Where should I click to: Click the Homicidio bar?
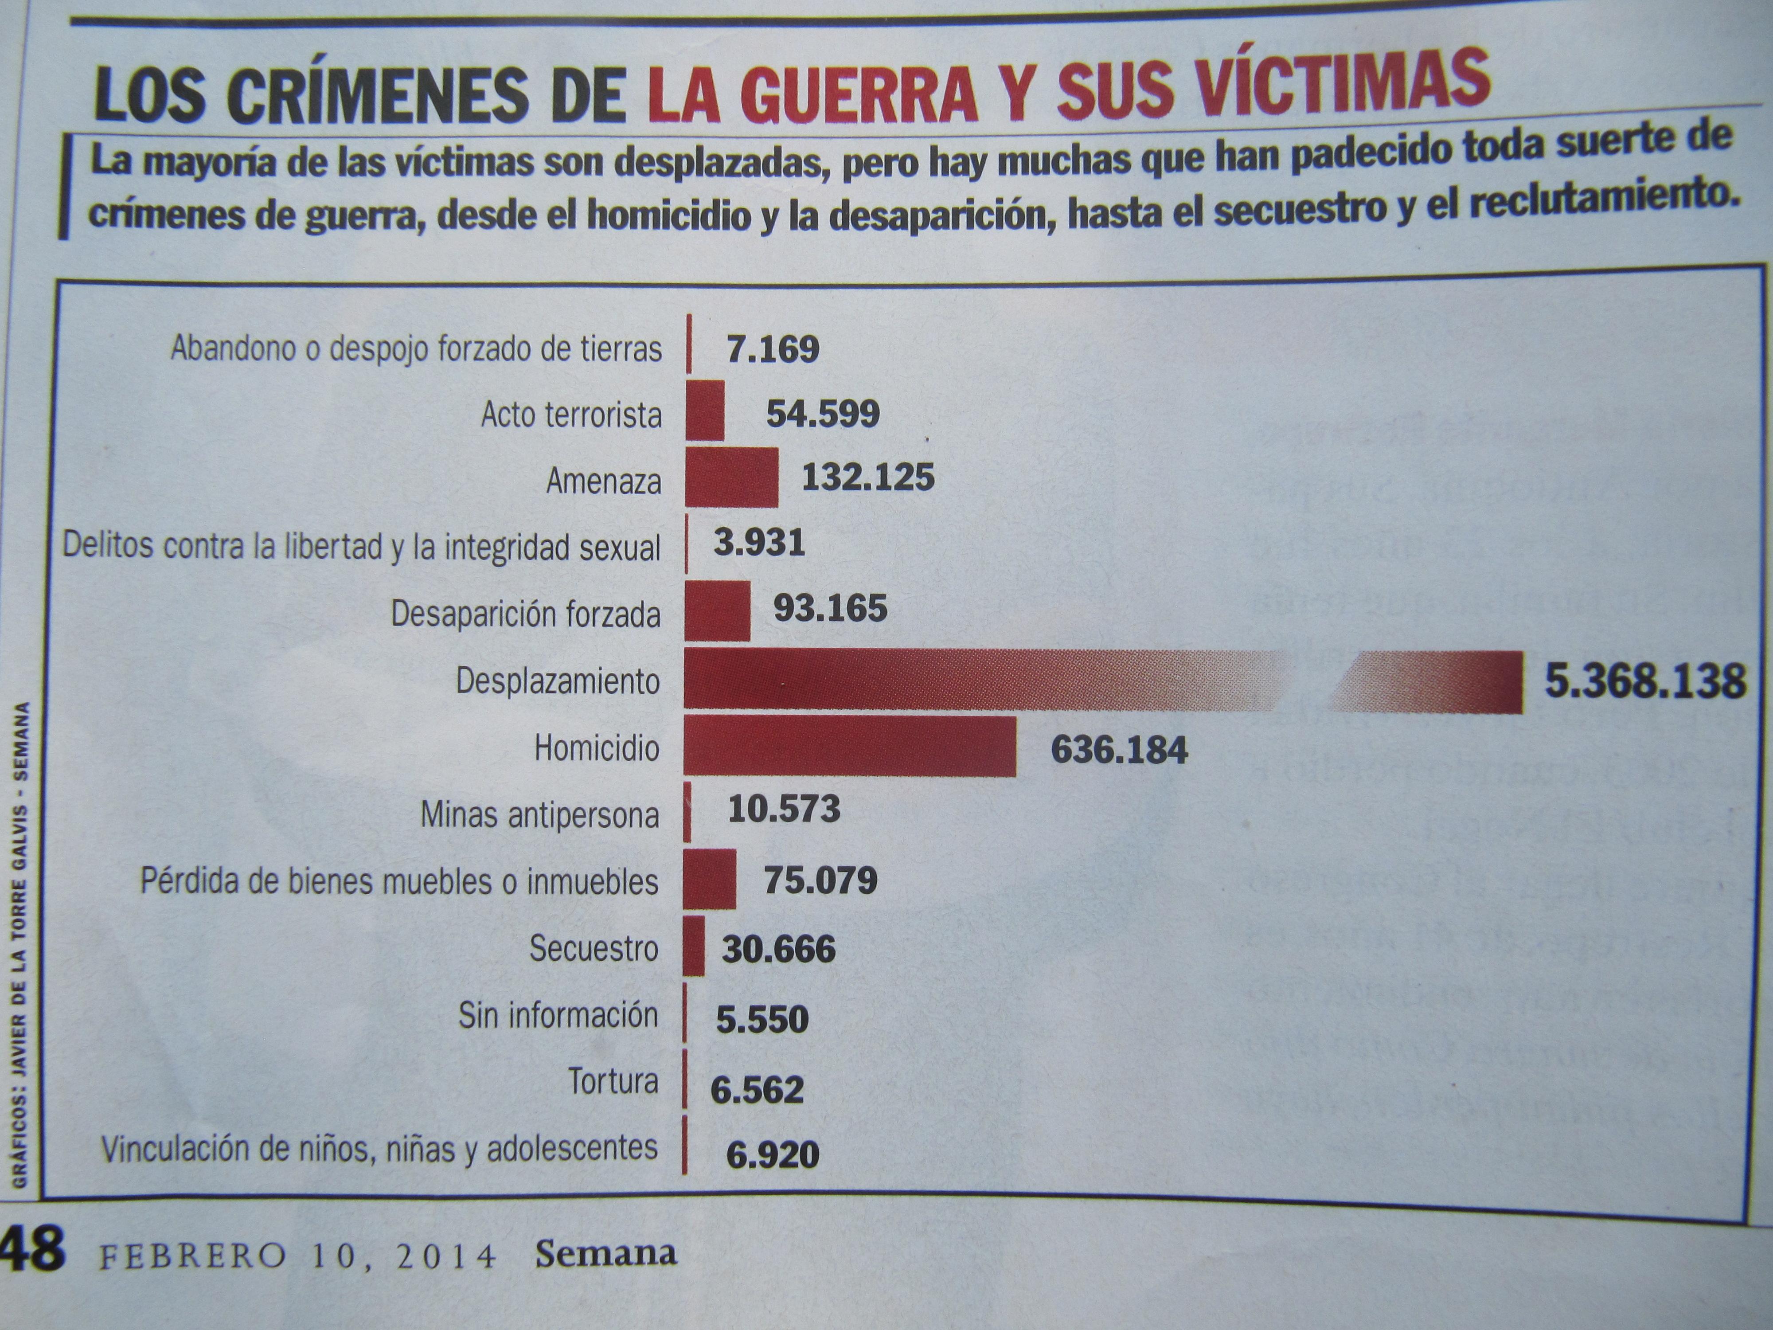click(850, 747)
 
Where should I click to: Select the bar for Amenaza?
click(731, 478)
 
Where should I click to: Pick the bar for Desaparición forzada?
click(717, 611)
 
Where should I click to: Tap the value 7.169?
click(773, 349)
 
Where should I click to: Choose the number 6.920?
click(773, 1154)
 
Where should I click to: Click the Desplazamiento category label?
click(558, 681)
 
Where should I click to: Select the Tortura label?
click(613, 1081)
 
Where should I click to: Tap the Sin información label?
click(558, 1015)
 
